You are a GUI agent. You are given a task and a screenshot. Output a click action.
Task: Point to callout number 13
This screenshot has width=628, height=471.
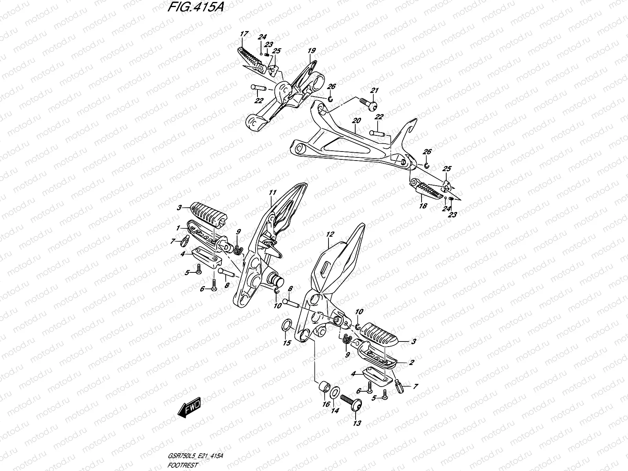357,424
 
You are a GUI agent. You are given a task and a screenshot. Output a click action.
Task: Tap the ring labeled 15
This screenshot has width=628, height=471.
287,325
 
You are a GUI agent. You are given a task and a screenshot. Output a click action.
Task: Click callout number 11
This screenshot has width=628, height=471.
273,192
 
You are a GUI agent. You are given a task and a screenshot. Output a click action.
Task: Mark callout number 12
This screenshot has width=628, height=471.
330,234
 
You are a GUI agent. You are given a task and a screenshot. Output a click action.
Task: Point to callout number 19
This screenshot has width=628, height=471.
312,51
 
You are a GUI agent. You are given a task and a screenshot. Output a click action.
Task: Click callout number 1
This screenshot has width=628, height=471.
178,228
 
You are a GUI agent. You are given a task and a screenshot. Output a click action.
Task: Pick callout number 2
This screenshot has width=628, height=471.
411,363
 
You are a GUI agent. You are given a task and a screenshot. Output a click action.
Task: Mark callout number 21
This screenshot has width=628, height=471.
374,91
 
